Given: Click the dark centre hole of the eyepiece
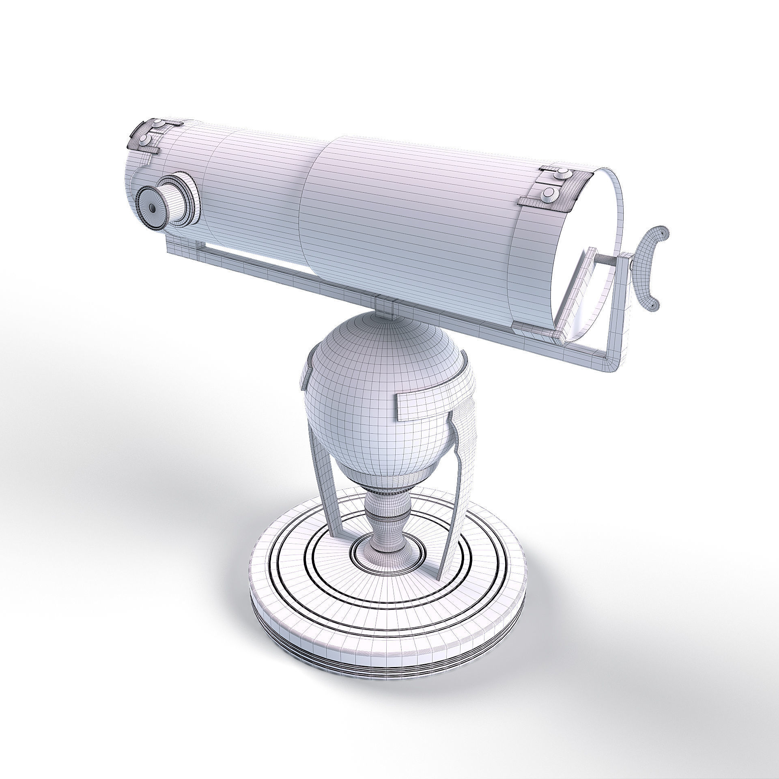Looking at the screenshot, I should (152, 208).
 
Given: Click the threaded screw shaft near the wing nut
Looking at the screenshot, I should (605, 260).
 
